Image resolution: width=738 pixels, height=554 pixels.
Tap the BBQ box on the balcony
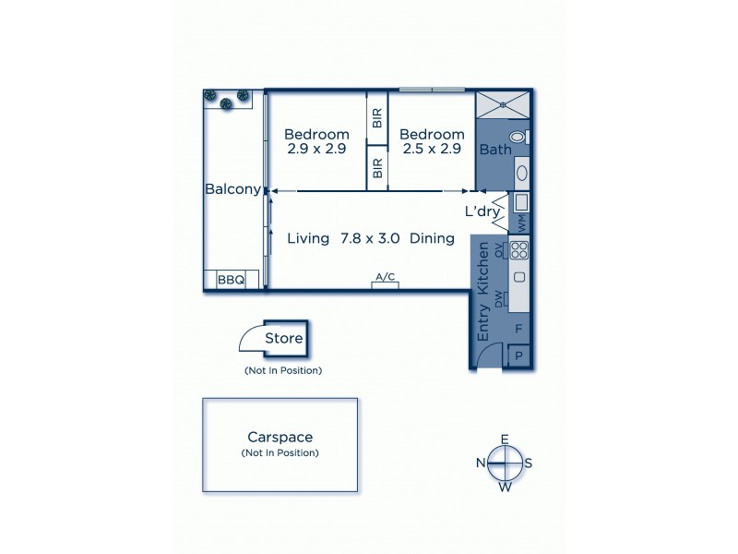point(230,279)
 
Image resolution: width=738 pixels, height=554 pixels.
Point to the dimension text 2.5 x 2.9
point(431,148)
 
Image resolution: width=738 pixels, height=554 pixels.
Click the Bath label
point(495,150)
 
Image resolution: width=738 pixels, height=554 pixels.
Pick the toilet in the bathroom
point(518,136)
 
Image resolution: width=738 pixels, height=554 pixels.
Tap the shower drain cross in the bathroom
point(504,104)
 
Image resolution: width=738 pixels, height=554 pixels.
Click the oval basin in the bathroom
point(521,172)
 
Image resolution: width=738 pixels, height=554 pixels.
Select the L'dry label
point(483,211)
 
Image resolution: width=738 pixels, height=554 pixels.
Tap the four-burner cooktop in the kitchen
point(519,248)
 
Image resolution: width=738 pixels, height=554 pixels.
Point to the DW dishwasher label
point(499,298)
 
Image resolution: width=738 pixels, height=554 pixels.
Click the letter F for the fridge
point(518,328)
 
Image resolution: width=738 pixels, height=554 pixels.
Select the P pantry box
point(518,356)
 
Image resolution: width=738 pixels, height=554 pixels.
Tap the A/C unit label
point(386,277)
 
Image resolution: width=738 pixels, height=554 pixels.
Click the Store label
point(283,338)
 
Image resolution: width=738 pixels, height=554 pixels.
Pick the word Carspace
point(279,438)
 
